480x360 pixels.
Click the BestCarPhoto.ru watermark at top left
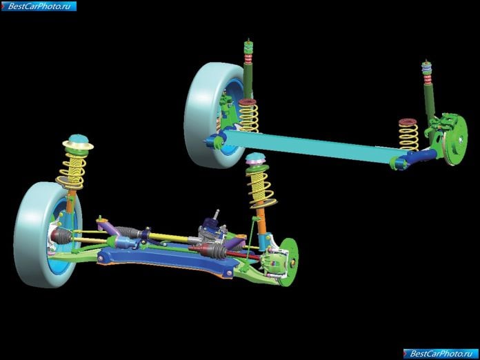[39, 6]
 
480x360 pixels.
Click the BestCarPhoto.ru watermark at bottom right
[441, 354]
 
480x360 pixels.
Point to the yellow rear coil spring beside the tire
[248, 116]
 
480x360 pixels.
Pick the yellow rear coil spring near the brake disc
[408, 134]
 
